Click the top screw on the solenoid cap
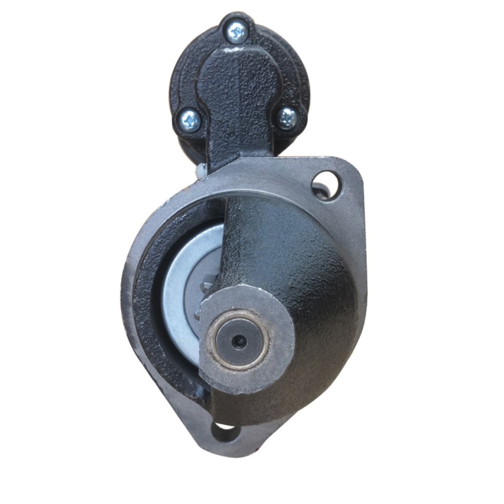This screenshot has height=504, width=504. (237, 31)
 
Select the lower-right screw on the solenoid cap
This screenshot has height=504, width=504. (287, 117)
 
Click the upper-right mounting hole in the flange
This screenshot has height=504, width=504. (326, 185)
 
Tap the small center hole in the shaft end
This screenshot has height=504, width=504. (238, 341)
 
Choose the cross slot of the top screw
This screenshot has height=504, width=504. (237, 31)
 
